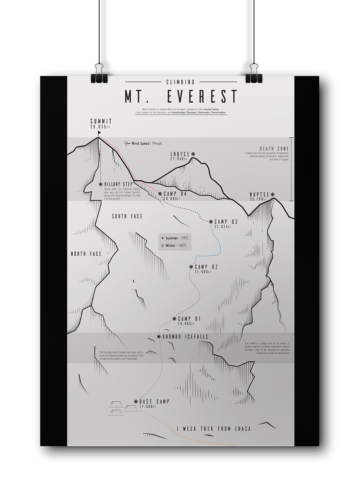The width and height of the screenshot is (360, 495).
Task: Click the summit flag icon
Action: click(x=99, y=133)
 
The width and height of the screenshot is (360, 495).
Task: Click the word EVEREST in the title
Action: click(x=202, y=96)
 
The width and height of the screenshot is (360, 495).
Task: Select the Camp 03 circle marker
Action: click(x=211, y=221)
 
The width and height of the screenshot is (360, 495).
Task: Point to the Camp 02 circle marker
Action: click(x=191, y=267)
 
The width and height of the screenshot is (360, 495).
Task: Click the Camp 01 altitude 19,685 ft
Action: click(x=186, y=324)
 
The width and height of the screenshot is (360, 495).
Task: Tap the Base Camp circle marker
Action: click(x=136, y=401)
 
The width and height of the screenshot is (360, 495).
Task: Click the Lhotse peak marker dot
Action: click(x=193, y=154)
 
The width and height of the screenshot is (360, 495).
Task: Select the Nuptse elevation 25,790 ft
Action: click(x=259, y=199)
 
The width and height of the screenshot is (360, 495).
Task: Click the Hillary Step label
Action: click(x=118, y=184)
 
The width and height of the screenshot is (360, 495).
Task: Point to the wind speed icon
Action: click(x=127, y=143)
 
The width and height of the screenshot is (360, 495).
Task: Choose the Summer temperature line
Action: click(x=175, y=238)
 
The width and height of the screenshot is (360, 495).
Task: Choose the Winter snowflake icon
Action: click(x=162, y=245)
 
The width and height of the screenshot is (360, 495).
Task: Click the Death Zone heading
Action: click(x=274, y=149)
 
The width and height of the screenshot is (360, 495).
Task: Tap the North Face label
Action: click(x=86, y=254)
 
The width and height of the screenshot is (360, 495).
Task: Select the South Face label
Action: click(x=127, y=216)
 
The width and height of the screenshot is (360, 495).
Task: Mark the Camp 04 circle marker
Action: click(x=160, y=194)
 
